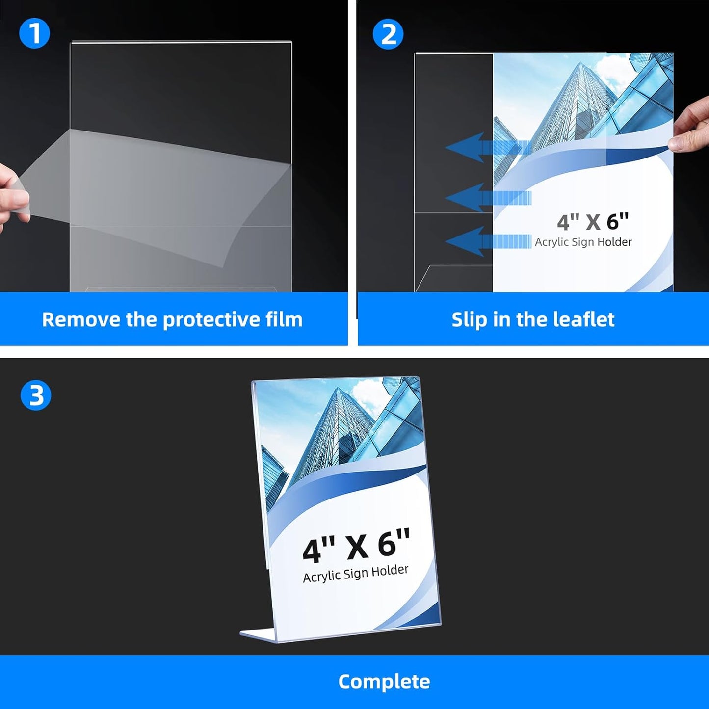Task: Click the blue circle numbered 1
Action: pyautogui.click(x=34, y=33)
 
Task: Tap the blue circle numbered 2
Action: pyautogui.click(x=388, y=34)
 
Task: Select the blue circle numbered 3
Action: pyautogui.click(x=36, y=395)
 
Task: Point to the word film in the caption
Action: pyautogui.click(x=284, y=319)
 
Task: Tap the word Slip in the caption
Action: pyautogui.click(x=469, y=320)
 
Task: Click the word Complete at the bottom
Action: pyautogui.click(x=384, y=682)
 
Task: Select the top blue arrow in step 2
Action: pyautogui.click(x=486, y=148)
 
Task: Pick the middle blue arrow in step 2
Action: pyautogui.click(x=486, y=198)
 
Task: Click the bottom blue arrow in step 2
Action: pyautogui.click(x=486, y=241)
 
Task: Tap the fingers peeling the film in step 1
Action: pyautogui.click(x=12, y=196)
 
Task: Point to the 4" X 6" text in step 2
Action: pyautogui.click(x=592, y=222)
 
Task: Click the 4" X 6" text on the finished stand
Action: pyautogui.click(x=356, y=545)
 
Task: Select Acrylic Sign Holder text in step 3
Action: pyautogui.click(x=355, y=573)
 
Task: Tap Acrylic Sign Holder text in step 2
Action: pyautogui.click(x=583, y=242)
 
